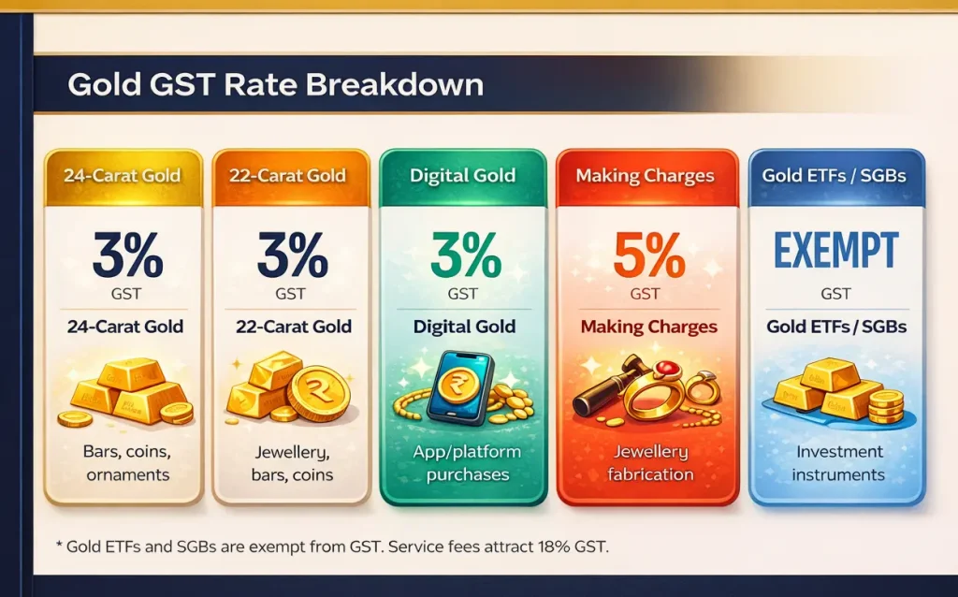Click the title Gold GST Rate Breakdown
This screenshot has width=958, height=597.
click(x=275, y=85)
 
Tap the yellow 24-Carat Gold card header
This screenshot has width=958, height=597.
click(x=123, y=176)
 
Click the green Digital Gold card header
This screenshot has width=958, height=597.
click(x=462, y=176)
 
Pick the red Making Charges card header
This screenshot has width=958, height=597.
click(x=645, y=176)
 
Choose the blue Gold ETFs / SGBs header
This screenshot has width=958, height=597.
click(x=835, y=176)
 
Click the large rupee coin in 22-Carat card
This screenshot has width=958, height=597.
click(x=318, y=393)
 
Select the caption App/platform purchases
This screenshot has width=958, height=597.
click(x=464, y=463)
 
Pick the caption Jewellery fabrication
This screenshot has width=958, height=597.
click(x=649, y=463)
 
